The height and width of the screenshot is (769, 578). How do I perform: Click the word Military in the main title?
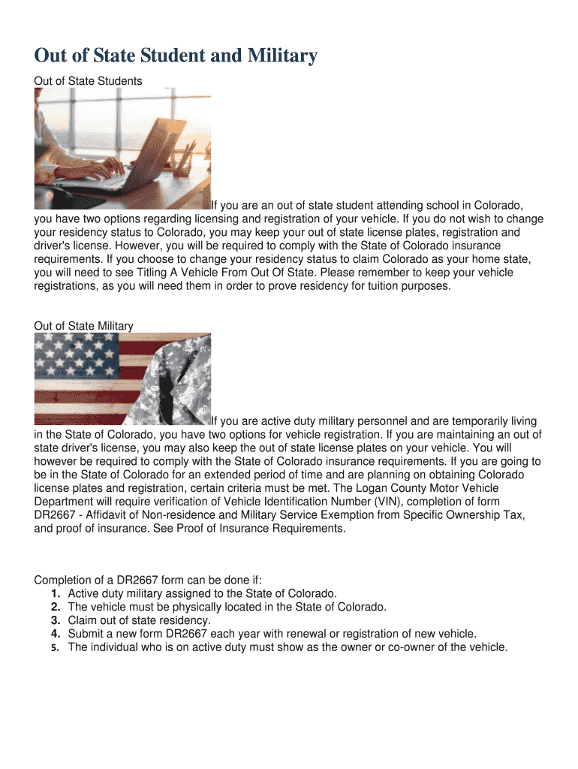[278, 56]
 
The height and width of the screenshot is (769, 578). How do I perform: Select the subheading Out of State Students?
[89, 80]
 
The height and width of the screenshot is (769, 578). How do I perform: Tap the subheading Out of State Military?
[84, 326]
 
